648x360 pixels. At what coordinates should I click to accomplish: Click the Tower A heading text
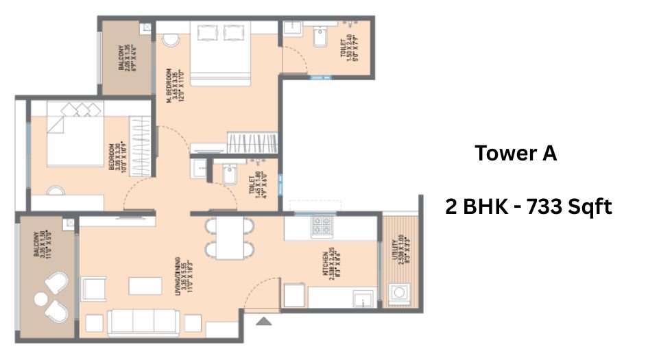516,154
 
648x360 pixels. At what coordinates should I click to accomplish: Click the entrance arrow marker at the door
264,320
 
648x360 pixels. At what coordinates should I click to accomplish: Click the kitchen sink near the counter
361,299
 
